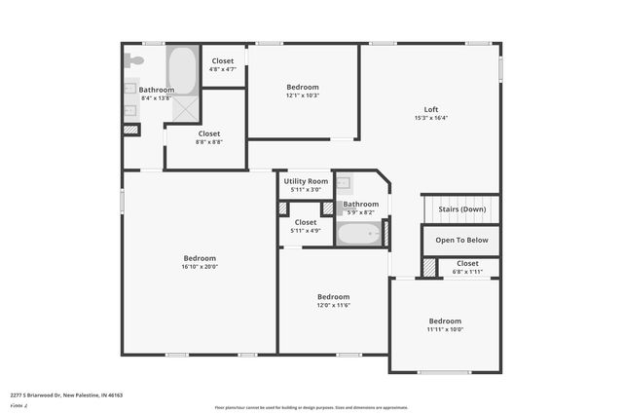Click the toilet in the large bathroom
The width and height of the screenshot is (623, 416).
tap(133, 60)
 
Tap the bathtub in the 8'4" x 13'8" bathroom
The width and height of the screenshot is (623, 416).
tap(182, 70)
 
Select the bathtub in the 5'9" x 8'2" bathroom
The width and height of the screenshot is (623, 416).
tap(358, 234)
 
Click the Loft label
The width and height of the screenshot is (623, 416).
tap(430, 109)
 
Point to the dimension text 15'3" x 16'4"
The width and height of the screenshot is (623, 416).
tap(430, 118)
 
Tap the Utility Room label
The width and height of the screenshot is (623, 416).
tap(306, 181)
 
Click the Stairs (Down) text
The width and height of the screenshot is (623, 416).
tap(461, 208)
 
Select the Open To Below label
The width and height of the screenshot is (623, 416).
tap(461, 240)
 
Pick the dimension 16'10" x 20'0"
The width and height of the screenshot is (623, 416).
tap(200, 267)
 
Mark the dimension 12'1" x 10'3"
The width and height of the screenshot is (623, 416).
tap(303, 95)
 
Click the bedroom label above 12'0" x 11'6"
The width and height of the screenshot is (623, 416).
tap(333, 296)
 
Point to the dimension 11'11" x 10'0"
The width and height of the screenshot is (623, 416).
tap(445, 329)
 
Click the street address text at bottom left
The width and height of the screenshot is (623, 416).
tap(66, 396)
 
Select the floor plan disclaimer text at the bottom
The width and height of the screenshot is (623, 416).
tap(311, 407)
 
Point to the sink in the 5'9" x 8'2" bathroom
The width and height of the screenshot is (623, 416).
tap(344, 183)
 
